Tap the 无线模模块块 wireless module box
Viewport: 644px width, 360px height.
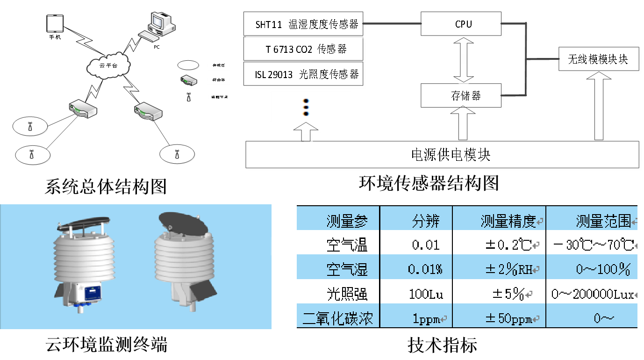598,59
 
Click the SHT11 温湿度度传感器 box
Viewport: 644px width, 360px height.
304,24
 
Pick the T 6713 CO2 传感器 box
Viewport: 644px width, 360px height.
304,49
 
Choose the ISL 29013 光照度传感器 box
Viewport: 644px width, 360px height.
304,74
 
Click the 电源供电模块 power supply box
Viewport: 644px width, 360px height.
442,154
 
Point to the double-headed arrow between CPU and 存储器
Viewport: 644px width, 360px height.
463,60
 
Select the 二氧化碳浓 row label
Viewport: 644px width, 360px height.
338,319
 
